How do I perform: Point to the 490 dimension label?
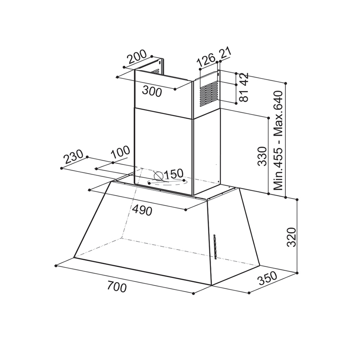click(142, 210)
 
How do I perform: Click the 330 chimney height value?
click(262, 157)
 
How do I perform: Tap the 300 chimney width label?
click(152, 92)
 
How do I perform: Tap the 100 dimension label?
click(121, 153)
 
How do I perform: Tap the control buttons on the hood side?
click(215, 246)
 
